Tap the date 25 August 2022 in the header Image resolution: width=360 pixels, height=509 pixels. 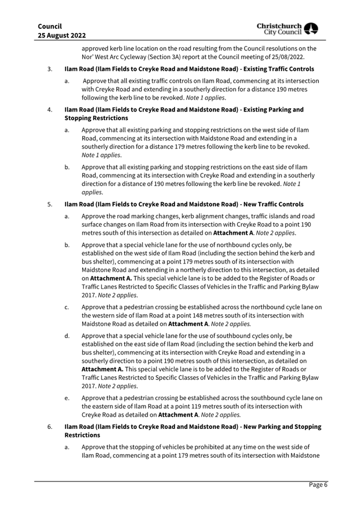pyautogui.click(x=62, y=35)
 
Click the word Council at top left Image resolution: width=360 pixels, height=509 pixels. pyautogui.click(x=50, y=26)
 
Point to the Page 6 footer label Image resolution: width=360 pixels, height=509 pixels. pyautogui.click(x=318, y=485)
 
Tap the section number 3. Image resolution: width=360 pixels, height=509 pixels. pyautogui.click(x=50, y=69)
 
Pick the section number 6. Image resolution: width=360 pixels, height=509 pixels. pyautogui.click(x=50, y=427)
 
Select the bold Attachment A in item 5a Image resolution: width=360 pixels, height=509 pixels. pyautogui.click(x=235, y=234)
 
